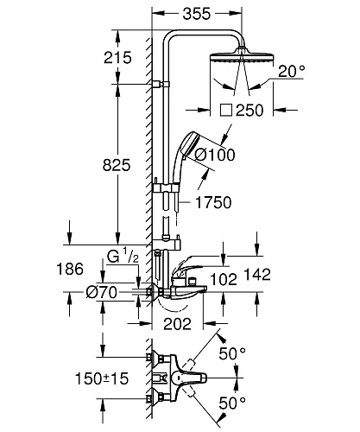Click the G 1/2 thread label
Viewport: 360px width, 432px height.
coord(123,256)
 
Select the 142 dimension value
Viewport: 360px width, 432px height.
coord(257,275)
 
